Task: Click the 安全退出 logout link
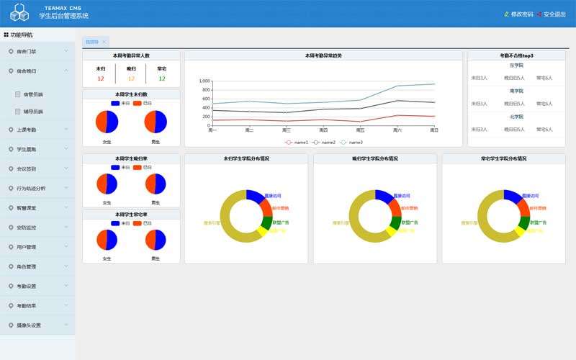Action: coord(554,14)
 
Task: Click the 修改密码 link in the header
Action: coord(521,14)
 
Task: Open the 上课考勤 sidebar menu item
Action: coord(27,130)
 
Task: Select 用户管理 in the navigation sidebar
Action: coord(27,247)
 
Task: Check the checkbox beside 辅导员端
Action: coord(18,112)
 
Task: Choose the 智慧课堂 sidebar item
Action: coord(27,207)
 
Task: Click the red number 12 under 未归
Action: coord(101,78)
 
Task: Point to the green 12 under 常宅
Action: coord(162,78)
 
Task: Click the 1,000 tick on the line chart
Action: coord(204,81)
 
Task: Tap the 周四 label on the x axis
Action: coord(323,130)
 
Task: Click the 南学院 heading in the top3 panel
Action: coord(516,91)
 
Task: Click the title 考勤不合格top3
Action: coord(516,55)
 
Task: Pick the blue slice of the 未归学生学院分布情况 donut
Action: coord(253,195)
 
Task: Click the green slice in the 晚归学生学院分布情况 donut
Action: coord(395,222)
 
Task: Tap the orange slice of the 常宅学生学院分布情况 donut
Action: coord(522,208)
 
